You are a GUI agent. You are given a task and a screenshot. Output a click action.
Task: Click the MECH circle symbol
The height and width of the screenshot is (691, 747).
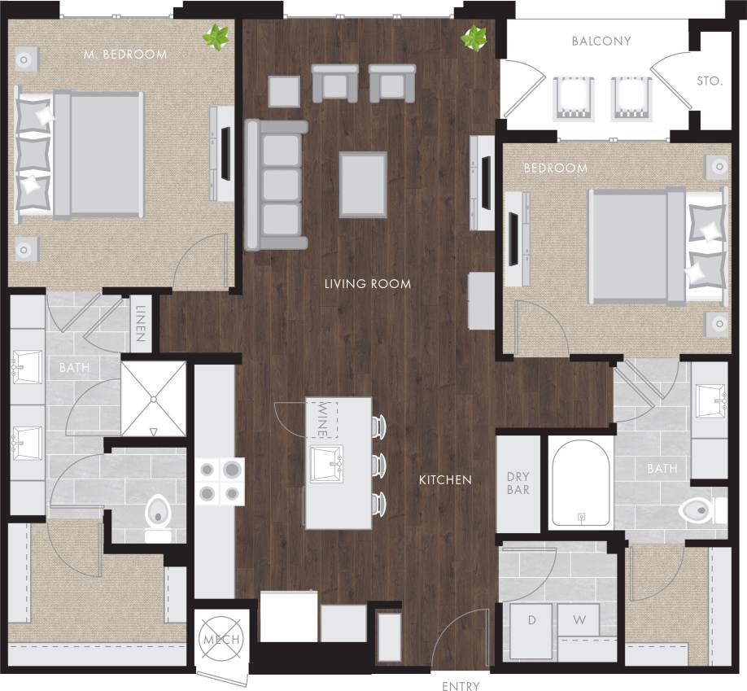pos(220,640)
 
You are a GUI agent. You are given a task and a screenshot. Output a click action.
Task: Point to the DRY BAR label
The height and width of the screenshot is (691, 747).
pos(518,483)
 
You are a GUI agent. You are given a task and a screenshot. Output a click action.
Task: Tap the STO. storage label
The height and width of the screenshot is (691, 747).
pos(710,81)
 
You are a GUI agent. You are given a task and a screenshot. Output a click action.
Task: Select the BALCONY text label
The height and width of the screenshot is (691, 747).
pos(601,41)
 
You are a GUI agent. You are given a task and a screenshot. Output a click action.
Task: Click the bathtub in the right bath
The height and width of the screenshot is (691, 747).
pos(581,483)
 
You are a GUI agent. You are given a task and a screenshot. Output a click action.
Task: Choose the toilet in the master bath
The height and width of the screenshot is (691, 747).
pos(157,518)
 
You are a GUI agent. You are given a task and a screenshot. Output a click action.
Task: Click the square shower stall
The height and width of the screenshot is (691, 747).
pos(154,398)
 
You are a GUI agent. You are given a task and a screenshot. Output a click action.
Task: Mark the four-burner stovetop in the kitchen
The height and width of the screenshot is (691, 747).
pos(220,480)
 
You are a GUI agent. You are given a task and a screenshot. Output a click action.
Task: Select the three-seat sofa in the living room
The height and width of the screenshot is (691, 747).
pos(277,185)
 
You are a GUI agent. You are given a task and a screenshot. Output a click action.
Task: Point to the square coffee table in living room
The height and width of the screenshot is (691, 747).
pos(363,185)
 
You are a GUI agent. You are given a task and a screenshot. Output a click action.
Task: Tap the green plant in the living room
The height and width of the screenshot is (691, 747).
pos(474,37)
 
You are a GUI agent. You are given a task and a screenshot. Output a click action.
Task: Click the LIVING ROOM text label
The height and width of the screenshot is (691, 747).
pos(367,284)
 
